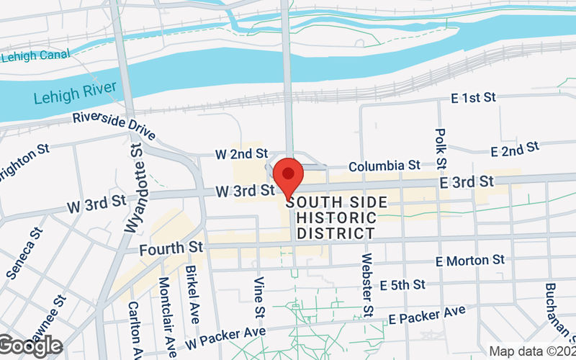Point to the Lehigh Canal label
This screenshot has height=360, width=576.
(36, 55)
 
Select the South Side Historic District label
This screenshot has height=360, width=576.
(336, 217)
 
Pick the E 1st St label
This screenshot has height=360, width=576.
(472, 96)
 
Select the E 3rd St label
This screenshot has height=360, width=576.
(467, 181)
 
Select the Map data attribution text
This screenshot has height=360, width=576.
(531, 351)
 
